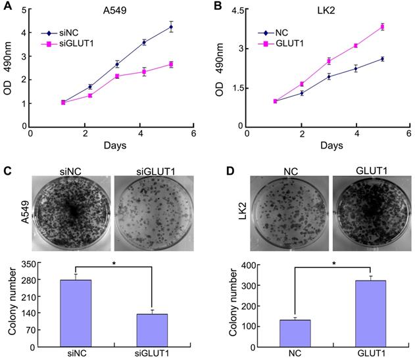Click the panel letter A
(x=7, y=9)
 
